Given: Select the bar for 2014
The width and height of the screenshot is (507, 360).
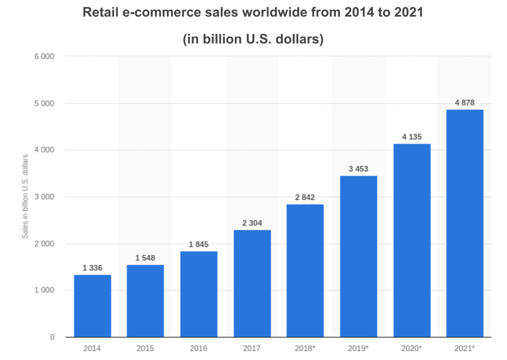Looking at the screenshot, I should tap(92, 306).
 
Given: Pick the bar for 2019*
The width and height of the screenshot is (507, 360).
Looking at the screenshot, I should tap(359, 256).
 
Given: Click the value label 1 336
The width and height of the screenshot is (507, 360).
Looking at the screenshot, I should tap(92, 268).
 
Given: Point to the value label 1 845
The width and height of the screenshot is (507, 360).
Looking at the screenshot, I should tap(199, 244).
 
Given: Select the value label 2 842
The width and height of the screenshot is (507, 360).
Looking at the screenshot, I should tap(305, 197).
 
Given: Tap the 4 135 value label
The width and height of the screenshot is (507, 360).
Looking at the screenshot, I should tap(411, 137).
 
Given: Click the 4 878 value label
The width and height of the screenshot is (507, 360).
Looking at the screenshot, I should tap(465, 102).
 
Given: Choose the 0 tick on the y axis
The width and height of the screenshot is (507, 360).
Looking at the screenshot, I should tap(52, 337).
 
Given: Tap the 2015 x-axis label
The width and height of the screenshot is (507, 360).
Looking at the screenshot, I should tap(145, 348).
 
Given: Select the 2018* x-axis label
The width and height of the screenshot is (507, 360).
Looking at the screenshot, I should tap(305, 348).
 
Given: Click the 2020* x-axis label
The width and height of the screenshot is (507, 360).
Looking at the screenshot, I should tap(411, 348).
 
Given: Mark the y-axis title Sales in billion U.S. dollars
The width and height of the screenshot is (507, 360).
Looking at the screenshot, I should tap(25, 196).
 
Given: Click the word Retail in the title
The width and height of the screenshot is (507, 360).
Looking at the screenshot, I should tap(100, 13).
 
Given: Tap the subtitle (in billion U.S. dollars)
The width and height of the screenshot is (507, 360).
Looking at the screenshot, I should tap(253, 40).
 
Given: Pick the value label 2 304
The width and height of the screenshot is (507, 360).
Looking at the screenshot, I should tap(252, 223).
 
